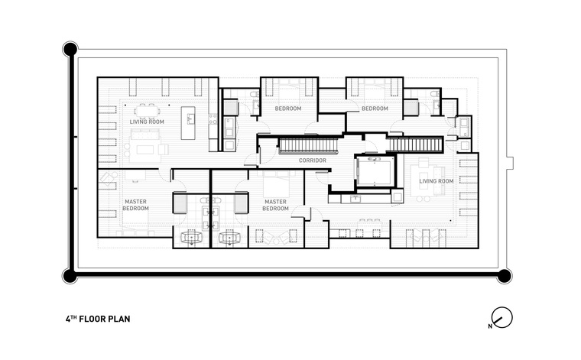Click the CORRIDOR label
pyautogui.click(x=313, y=161)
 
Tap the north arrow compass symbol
pyautogui.click(x=501, y=317)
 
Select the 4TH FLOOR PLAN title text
pyautogui.click(x=98, y=319)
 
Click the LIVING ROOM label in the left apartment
pyautogui.click(x=147, y=122)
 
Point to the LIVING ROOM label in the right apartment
pyautogui.click(x=436, y=181)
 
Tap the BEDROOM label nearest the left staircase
pyautogui.click(x=288, y=109)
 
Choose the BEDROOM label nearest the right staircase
pyautogui.click(x=375, y=109)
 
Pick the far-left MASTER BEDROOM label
pyautogui.click(x=135, y=205)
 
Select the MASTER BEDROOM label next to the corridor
pyautogui.click(x=275, y=205)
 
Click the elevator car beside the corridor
pyautogui.click(x=375, y=170)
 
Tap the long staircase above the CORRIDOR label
pyautogui.click(x=308, y=144)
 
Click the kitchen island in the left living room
pyautogui.click(x=188, y=123)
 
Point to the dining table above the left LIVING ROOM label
pyautogui.click(x=147, y=110)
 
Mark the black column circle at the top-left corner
pyautogui.click(x=70, y=49)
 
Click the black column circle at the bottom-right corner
pyautogui.click(x=504, y=276)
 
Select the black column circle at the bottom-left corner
pyautogui.click(x=70, y=276)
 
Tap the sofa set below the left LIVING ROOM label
pyautogui.click(x=145, y=145)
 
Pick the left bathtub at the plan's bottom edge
pyautogui.click(x=191, y=238)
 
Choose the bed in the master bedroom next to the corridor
pyautogui.click(x=276, y=183)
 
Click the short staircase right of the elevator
pyautogui.click(x=415, y=144)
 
